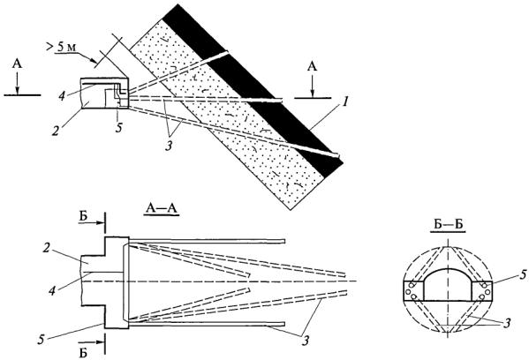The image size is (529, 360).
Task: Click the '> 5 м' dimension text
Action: tap(61, 47)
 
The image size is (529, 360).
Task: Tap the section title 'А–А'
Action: tap(162, 209)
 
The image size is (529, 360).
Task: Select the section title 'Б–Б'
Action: tap(448, 225)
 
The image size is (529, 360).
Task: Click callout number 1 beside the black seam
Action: tap(344, 101)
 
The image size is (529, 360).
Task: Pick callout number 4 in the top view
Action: tap(62, 94)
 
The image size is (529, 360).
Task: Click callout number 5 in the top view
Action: tap(118, 129)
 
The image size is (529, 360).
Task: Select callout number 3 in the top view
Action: tap(169, 146)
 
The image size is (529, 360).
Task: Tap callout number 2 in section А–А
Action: tap(47, 249)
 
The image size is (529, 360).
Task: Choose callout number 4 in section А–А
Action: tap(52, 290)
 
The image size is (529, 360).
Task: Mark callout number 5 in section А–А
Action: tap(42, 340)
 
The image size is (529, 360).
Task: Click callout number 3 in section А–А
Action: tap(306, 341)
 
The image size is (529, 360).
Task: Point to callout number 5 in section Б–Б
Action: tap(523, 275)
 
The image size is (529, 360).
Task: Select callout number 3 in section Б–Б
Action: tap(506, 324)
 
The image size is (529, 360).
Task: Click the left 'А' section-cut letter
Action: tap(17, 64)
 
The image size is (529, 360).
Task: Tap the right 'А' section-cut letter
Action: tap(313, 66)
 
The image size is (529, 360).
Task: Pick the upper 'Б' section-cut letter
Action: tap(83, 216)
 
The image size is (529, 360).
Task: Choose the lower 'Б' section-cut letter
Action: tap(83, 353)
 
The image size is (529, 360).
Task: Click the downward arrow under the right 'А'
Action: tap(313, 86)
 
